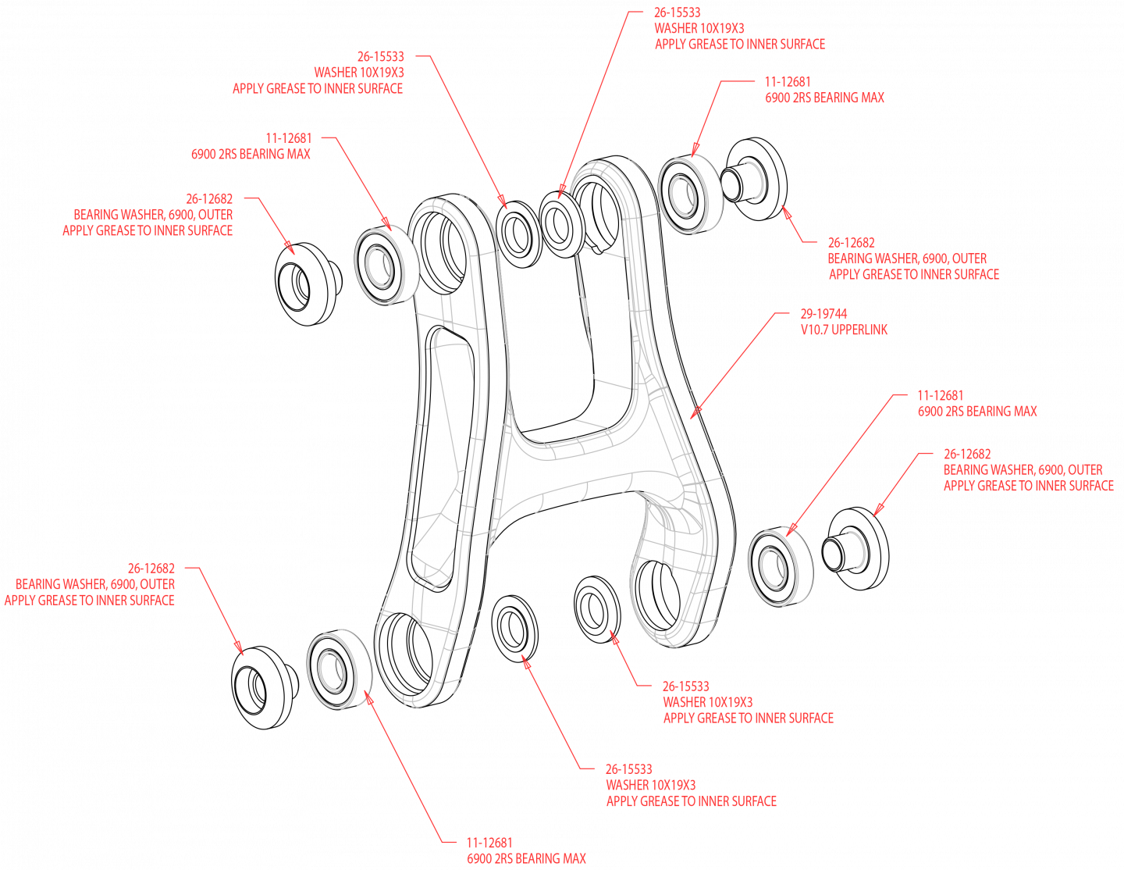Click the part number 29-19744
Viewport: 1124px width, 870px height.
pos(823,314)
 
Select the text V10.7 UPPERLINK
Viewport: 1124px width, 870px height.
pos(844,330)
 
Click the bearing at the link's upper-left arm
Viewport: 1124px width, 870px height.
pos(381,266)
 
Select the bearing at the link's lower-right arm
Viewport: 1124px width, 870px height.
pos(775,567)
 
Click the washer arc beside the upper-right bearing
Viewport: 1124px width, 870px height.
pos(756,181)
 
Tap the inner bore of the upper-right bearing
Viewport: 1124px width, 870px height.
pos(682,194)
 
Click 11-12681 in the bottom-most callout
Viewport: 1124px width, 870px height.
pos(489,843)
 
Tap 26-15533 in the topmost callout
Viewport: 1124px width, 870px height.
pos(678,12)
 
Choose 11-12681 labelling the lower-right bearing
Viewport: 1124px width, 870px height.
pos(941,396)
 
